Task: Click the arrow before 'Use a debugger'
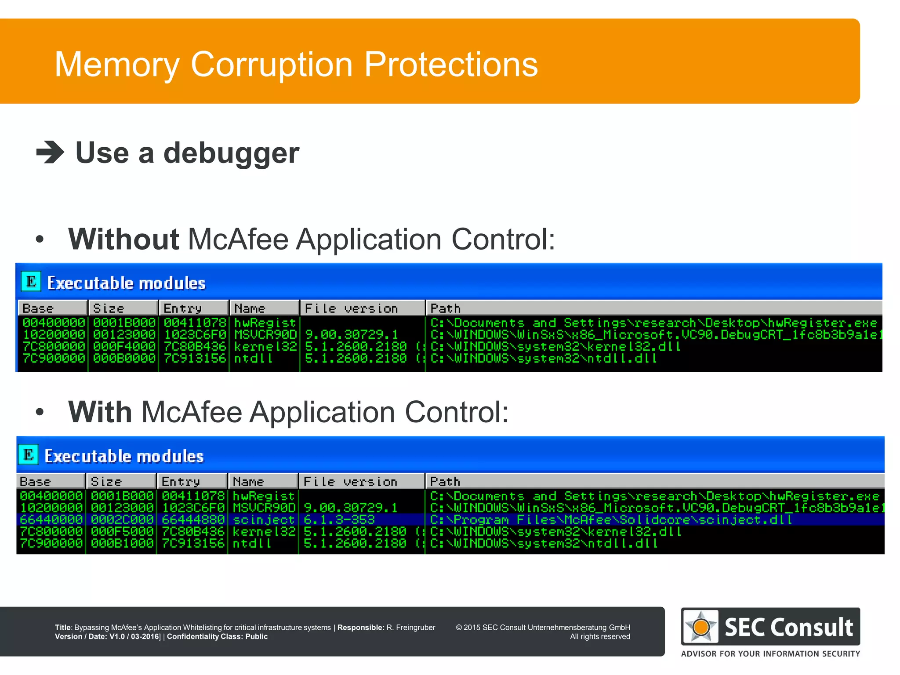50,152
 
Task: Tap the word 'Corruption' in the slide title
271,64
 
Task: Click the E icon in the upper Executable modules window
31,281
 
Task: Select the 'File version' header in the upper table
351,308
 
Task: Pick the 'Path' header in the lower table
445,482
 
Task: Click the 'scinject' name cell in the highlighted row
263,520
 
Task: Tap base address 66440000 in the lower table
51,520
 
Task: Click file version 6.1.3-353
339,520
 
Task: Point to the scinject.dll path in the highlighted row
611,520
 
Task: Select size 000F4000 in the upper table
124,346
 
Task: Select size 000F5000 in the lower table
122,532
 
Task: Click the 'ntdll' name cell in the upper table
253,359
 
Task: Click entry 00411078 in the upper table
195,323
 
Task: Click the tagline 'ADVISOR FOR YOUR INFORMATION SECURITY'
770,653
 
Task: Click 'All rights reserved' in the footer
600,637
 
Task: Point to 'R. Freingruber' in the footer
410,628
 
